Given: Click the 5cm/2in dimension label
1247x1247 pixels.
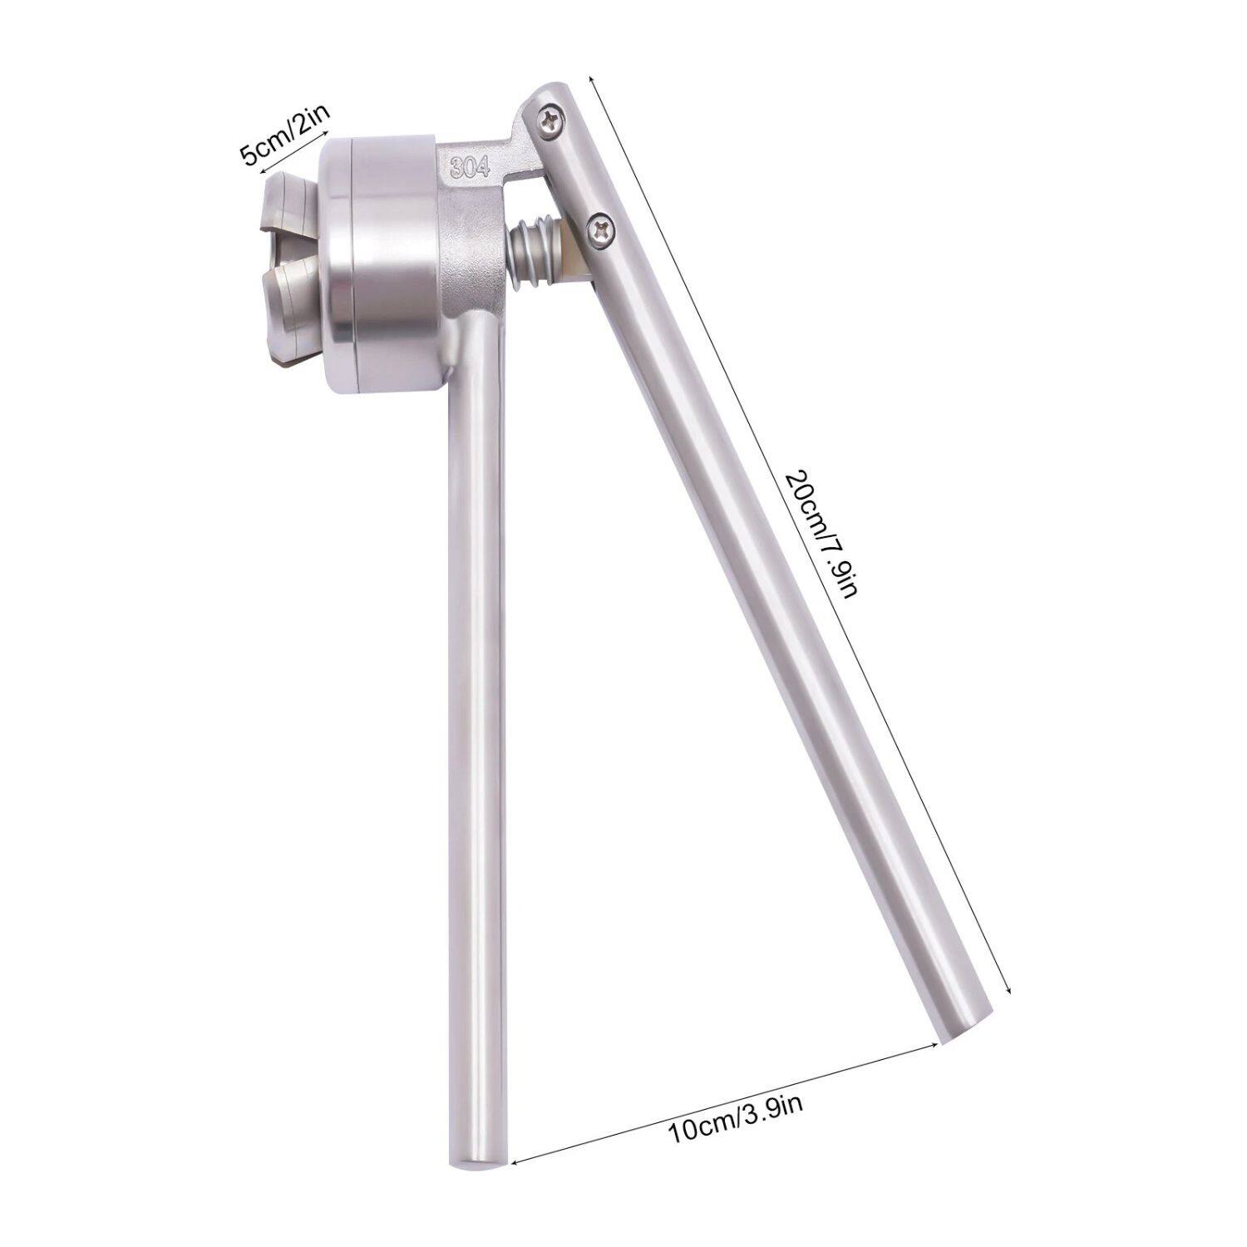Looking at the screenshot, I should [283, 133].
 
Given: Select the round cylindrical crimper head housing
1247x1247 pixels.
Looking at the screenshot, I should [382, 262].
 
